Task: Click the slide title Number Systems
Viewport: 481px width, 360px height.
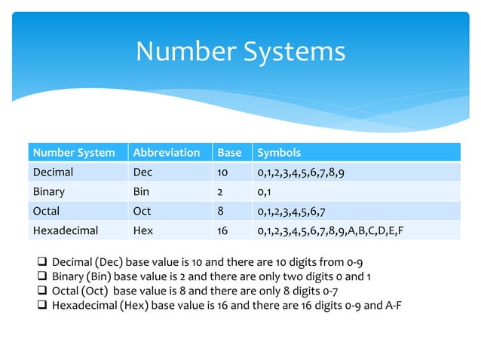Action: (x=240, y=51)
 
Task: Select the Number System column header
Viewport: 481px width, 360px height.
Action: (x=73, y=152)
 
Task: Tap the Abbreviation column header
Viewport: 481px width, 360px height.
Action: (x=166, y=152)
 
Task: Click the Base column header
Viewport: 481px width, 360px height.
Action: (x=229, y=152)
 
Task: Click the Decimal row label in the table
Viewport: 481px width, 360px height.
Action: (x=53, y=172)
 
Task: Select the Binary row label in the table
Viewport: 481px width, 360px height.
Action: (x=49, y=191)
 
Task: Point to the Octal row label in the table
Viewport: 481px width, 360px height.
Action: (x=45, y=211)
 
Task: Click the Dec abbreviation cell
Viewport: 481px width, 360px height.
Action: (x=142, y=172)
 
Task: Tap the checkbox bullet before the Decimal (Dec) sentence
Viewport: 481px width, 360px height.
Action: (x=43, y=263)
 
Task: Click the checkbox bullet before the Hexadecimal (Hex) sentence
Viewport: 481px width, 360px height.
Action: (x=43, y=306)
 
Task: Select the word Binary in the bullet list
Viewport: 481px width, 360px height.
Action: (x=69, y=277)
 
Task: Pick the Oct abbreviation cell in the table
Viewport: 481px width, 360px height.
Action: (x=142, y=211)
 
